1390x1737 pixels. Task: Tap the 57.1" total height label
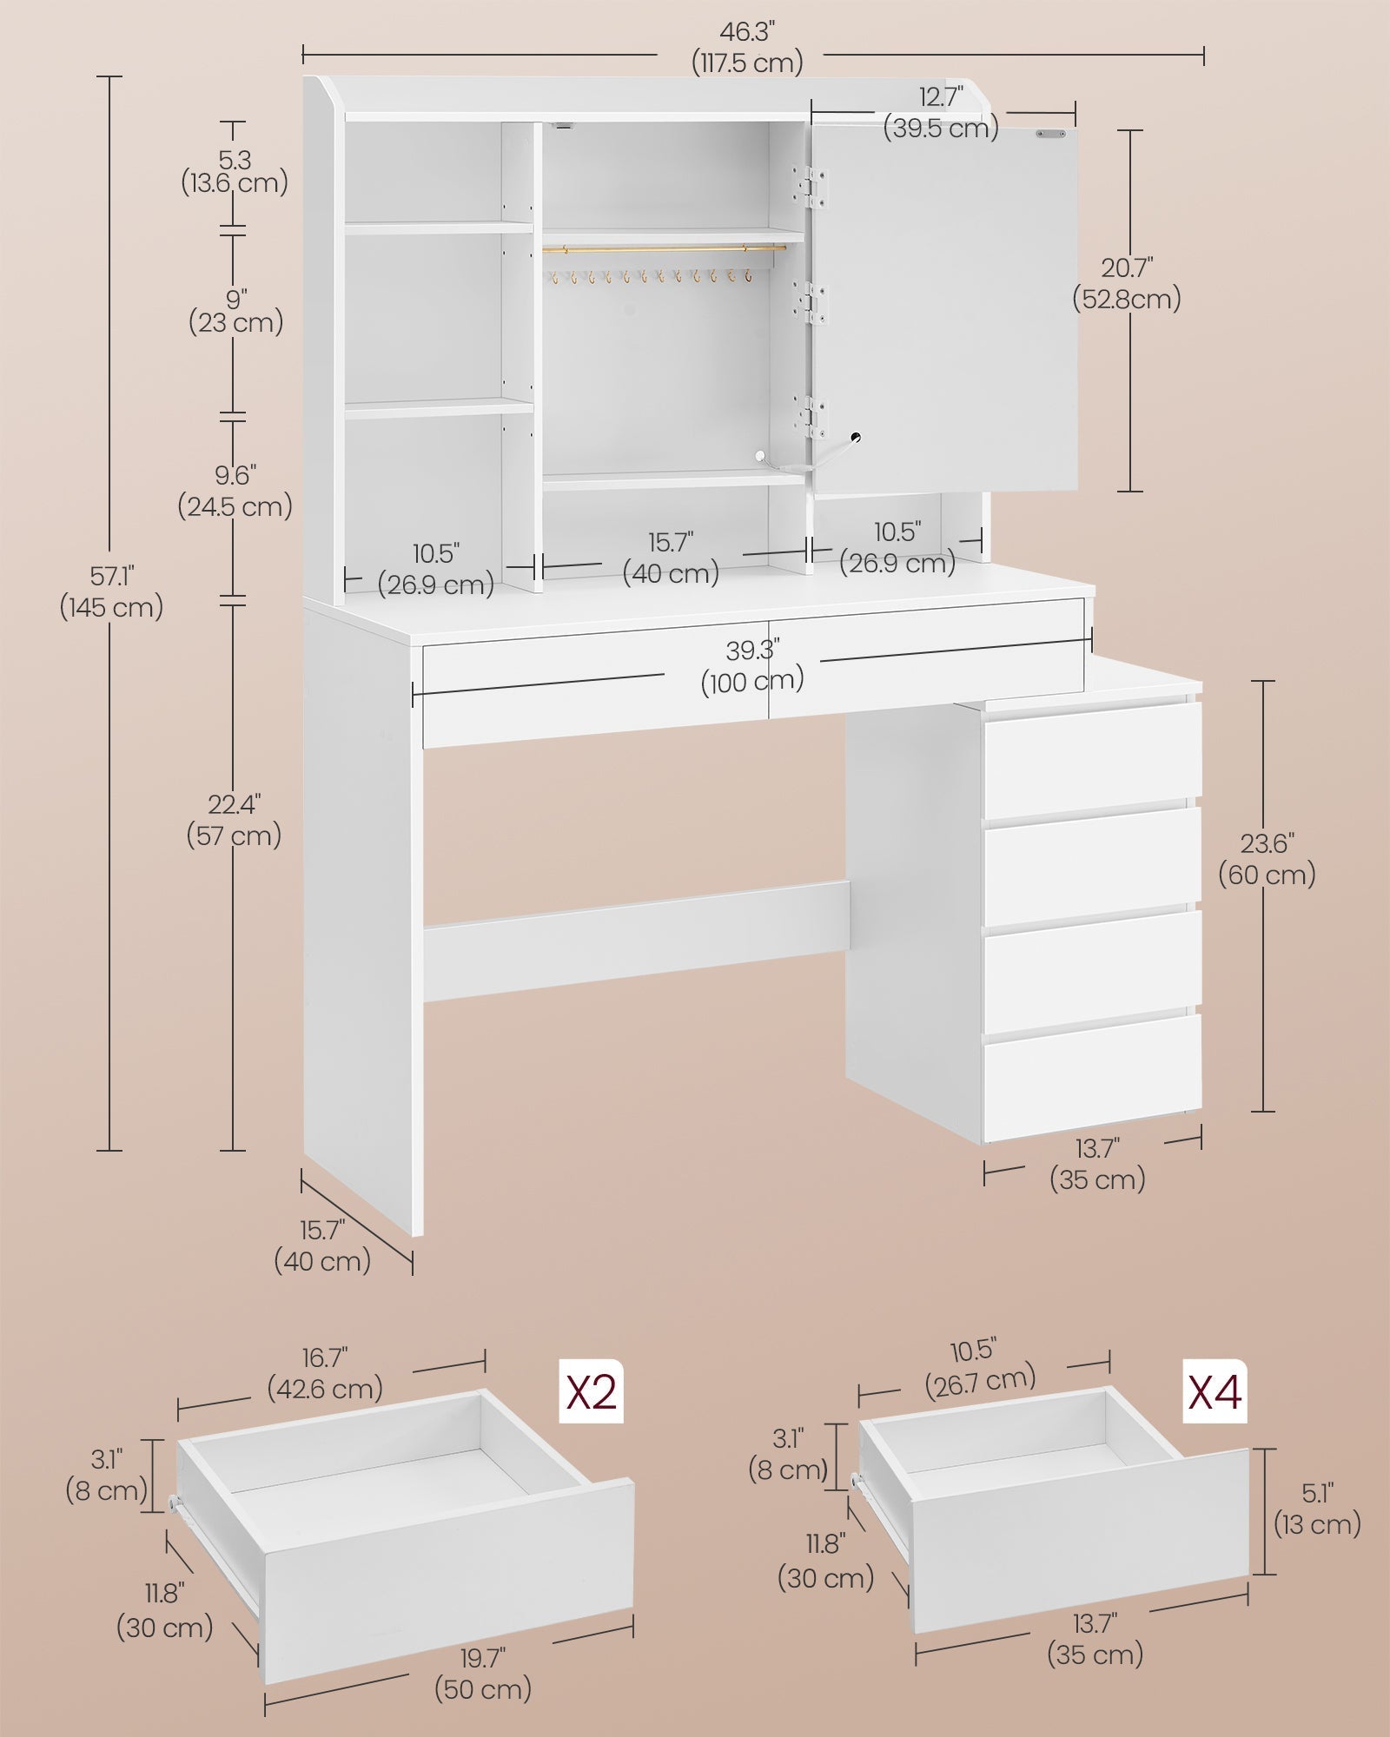click(111, 591)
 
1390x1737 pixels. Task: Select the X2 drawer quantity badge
click(591, 1390)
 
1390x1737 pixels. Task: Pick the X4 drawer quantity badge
click(1215, 1390)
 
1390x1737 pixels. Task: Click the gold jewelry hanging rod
click(665, 249)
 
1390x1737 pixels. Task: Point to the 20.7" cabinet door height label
click(1126, 283)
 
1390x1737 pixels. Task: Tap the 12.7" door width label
click(941, 112)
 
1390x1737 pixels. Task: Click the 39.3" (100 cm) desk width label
click(752, 664)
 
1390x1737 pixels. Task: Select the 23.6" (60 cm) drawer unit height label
click(1267, 858)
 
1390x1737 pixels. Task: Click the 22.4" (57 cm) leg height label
click(234, 820)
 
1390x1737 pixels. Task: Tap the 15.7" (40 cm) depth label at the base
click(322, 1245)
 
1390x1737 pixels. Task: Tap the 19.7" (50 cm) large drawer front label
click(483, 1674)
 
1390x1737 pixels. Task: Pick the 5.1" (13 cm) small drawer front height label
click(1317, 1509)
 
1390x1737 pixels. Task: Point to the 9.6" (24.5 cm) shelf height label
click(235, 491)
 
